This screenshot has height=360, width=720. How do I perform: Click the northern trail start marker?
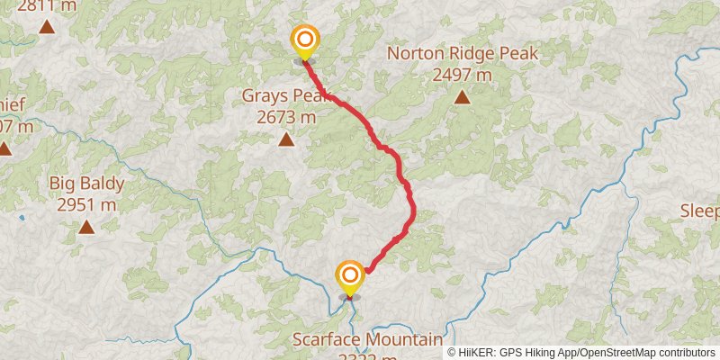click(306, 40)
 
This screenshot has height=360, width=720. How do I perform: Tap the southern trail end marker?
click(349, 274)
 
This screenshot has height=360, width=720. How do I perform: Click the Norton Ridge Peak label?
click(462, 54)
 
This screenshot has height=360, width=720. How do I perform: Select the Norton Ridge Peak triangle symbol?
click(462, 97)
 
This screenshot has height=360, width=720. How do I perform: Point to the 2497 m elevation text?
click(462, 76)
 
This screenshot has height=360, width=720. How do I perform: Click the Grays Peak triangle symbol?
click(286, 139)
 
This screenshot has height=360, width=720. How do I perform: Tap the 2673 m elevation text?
click(286, 117)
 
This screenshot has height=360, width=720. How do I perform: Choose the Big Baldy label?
click(86, 184)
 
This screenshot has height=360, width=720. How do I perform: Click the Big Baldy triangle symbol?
click(86, 227)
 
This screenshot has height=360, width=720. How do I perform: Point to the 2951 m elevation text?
click(86, 205)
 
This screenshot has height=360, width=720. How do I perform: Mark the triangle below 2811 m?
click(47, 27)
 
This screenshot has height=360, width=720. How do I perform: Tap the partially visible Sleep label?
click(699, 211)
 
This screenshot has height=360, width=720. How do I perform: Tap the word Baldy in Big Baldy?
click(101, 184)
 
